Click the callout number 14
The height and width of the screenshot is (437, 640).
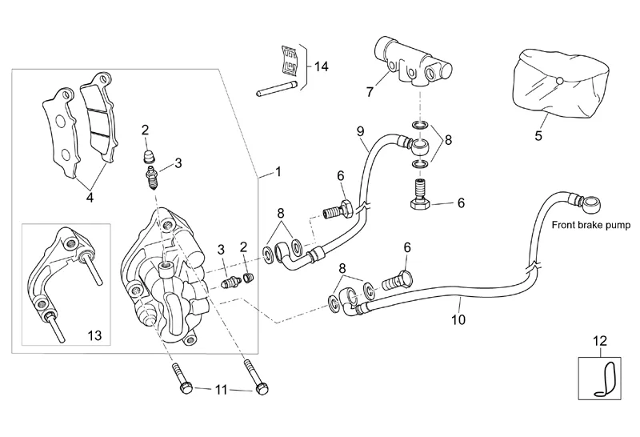pyautogui.click(x=322, y=66)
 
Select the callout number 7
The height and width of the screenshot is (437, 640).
pyautogui.click(x=370, y=92)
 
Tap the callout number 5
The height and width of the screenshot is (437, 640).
pyautogui.click(x=538, y=135)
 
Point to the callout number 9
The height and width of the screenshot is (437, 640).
pyautogui.click(x=360, y=131)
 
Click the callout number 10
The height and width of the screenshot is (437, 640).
pyautogui.click(x=458, y=319)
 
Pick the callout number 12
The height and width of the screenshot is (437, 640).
pyautogui.click(x=600, y=341)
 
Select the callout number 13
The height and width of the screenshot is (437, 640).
pyautogui.click(x=94, y=335)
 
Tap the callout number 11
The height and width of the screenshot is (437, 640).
pyautogui.click(x=221, y=390)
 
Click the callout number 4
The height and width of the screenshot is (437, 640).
pyautogui.click(x=90, y=198)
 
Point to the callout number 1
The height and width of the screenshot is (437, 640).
pyautogui.click(x=278, y=172)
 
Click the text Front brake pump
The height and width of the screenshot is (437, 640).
pyautogui.click(x=591, y=225)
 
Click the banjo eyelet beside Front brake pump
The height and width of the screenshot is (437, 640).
pyautogui.click(x=592, y=203)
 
